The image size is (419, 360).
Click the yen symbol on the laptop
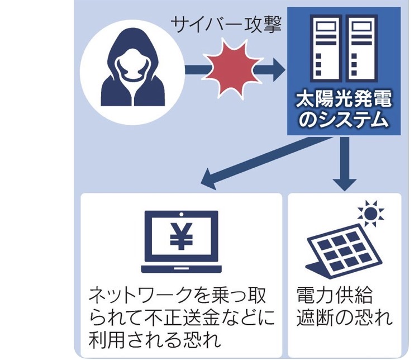pyautogui.click(x=180, y=238)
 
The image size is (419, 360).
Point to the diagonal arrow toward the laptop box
pyautogui.click(x=251, y=162)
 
